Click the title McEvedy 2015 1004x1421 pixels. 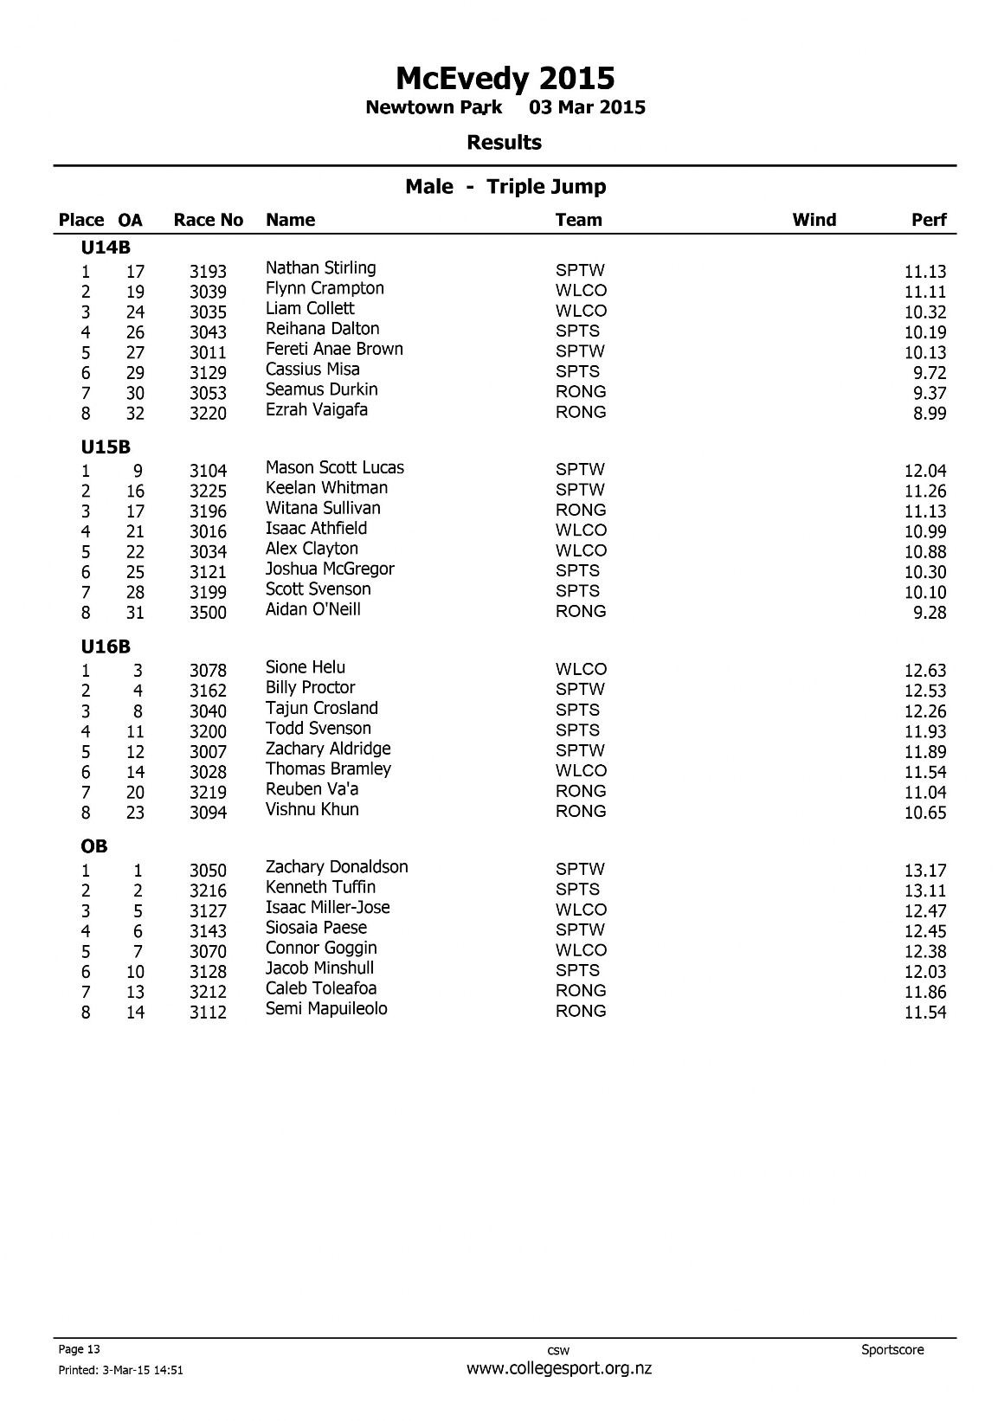pos(505,79)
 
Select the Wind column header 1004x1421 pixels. pos(814,220)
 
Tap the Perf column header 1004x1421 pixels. pos(929,220)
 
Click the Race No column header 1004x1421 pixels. pos(208,220)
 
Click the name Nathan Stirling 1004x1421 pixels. pos(320,268)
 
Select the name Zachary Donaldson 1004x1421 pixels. pos(336,867)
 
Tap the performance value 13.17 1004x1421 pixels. pos(924,871)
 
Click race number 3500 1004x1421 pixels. pos(208,613)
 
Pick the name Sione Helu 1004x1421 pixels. pos(305,667)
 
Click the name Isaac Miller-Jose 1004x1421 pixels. pos(327,908)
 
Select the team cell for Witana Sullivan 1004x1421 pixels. pos(580,510)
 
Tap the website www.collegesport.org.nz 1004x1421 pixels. pos(558,1368)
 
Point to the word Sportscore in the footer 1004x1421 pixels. pos(892,1349)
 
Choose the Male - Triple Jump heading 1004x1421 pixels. pos(505,187)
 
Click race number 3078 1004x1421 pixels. pos(208,671)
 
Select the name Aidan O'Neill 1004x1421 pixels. pos(312,609)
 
